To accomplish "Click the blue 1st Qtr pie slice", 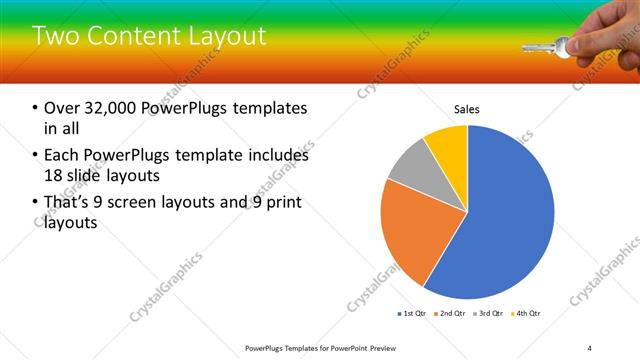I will click(505, 220).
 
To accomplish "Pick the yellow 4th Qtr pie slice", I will click(447, 145).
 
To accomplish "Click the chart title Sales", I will click(467, 108).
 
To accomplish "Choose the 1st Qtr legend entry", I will click(412, 314).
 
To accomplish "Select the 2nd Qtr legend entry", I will click(451, 314).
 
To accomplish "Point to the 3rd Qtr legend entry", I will click(490, 314).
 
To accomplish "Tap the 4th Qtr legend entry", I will click(527, 314).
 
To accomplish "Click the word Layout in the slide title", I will click(224, 37).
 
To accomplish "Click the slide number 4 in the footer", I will click(589, 347).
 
